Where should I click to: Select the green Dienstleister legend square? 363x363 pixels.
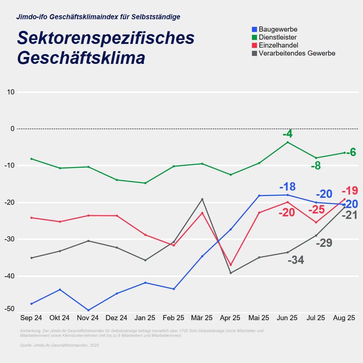[x=254, y=37]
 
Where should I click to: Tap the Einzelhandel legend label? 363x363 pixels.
[x=278, y=45]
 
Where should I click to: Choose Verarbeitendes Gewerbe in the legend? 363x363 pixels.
[x=297, y=53]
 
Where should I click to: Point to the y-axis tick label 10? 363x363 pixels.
[x=11, y=92]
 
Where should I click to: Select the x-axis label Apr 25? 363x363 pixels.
[x=230, y=318]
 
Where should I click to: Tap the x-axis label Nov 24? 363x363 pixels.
[x=88, y=318]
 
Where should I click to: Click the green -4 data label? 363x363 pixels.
[x=287, y=134]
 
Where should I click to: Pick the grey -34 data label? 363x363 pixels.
[x=296, y=260]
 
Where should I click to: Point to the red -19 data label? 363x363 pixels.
[x=350, y=191]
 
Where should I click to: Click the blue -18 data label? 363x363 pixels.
[x=287, y=187]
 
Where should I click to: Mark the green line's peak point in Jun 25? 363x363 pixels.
[x=287, y=142]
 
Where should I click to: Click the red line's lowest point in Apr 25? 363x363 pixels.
[x=231, y=265]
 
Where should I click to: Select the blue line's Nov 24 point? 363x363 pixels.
[x=88, y=310]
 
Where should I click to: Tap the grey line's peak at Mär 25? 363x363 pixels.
[x=202, y=199]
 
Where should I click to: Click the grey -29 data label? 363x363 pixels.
[x=324, y=243]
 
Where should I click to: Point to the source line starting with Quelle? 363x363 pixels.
[x=59, y=345]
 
